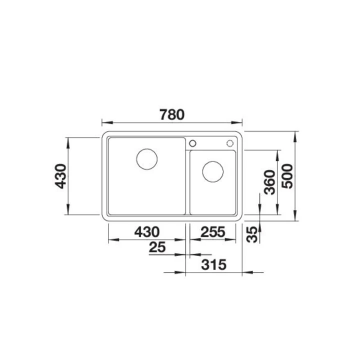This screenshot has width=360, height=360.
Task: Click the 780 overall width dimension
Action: click(172, 114)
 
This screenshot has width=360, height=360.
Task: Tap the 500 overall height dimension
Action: click(287, 176)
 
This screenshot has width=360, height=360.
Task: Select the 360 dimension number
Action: click(269, 182)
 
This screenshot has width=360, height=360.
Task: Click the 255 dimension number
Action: click(213, 232)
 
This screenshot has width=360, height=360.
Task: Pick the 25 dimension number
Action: click(157, 247)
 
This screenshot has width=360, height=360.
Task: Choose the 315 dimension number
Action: click(214, 264)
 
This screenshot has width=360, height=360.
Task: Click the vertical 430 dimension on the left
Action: click(61, 176)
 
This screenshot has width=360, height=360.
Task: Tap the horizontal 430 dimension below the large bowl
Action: click(147, 232)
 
